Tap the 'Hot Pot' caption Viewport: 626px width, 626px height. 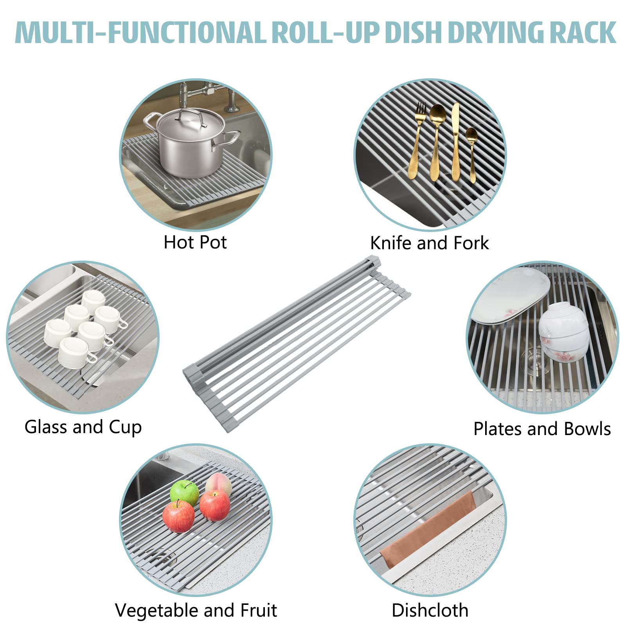click(195, 242)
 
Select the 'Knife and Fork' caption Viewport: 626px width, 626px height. click(429, 243)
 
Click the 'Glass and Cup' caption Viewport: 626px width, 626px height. click(83, 427)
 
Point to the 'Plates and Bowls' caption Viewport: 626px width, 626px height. click(542, 429)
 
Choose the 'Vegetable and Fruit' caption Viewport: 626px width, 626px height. click(196, 610)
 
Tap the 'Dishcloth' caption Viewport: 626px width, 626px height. click(430, 610)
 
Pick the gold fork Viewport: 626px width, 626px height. click(417, 141)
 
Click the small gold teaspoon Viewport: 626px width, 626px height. click(471, 153)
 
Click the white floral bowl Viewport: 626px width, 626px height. click(563, 331)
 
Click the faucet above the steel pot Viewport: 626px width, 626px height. click(184, 94)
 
